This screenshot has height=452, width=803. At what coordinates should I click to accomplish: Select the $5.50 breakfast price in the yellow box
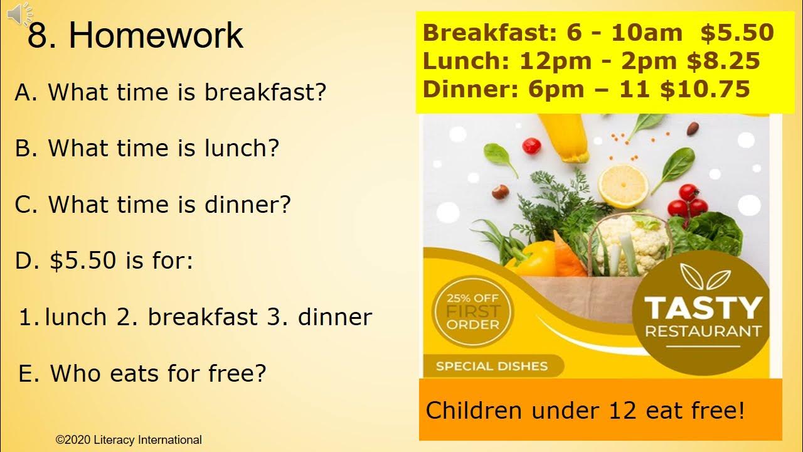pos(737,33)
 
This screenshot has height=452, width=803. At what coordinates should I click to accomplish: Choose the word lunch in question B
pos(242,148)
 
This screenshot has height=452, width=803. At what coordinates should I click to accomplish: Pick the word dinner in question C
pos(253,205)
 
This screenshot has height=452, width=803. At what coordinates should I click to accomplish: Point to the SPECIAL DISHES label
pos(492,366)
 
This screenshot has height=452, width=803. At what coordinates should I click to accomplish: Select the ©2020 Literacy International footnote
pos(129,440)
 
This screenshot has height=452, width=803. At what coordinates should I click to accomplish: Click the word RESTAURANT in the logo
pos(703,331)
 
